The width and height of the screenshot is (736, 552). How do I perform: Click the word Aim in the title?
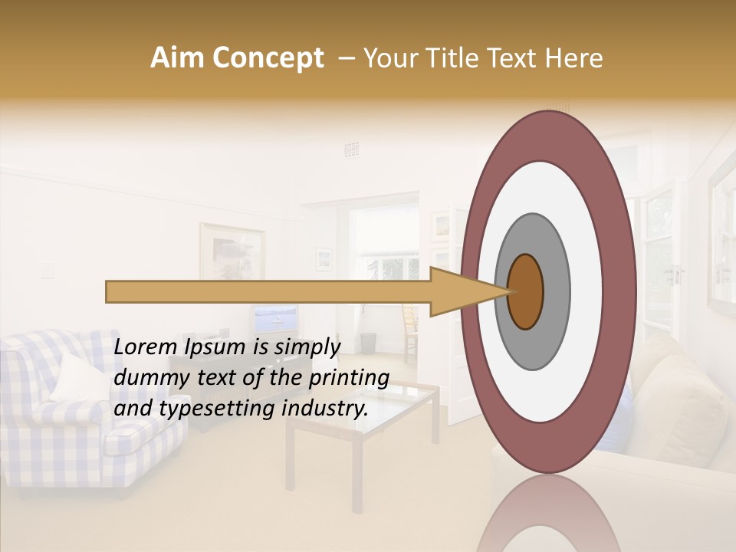point(177,58)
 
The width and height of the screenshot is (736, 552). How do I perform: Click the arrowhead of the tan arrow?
point(460,291)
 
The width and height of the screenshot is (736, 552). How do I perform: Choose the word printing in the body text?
point(348,379)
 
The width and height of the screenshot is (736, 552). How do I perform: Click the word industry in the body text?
point(325,409)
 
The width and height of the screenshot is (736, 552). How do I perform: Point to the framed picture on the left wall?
point(232,251)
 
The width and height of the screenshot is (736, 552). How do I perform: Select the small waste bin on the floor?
point(369,343)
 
